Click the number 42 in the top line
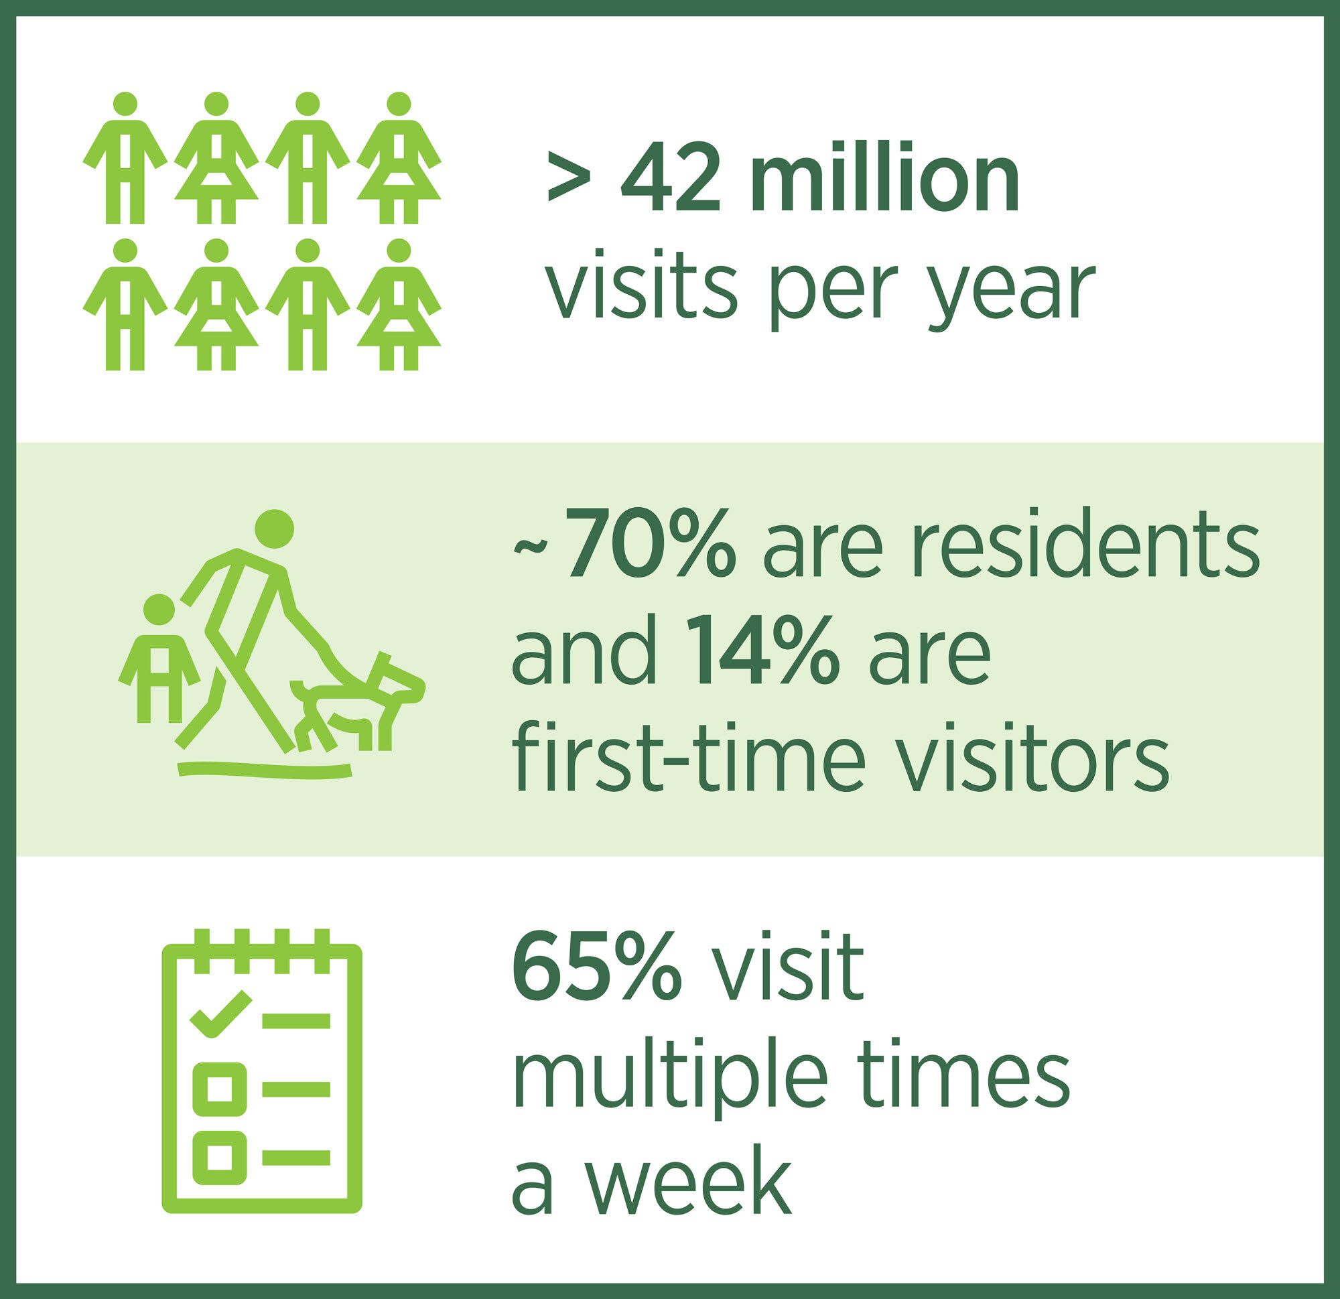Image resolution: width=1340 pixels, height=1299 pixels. (x=670, y=176)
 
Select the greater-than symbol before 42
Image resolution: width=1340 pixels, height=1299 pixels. (x=569, y=177)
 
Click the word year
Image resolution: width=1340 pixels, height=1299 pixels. (x=1011, y=292)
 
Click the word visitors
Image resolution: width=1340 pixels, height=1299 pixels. (x=1032, y=756)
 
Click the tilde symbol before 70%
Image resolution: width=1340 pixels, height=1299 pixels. (x=531, y=546)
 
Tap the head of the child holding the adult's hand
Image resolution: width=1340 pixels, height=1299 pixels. (x=159, y=609)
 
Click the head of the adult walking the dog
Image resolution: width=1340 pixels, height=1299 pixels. (x=274, y=529)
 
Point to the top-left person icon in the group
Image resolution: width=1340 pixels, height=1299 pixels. (x=125, y=157)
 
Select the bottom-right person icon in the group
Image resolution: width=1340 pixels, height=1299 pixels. (x=399, y=304)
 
